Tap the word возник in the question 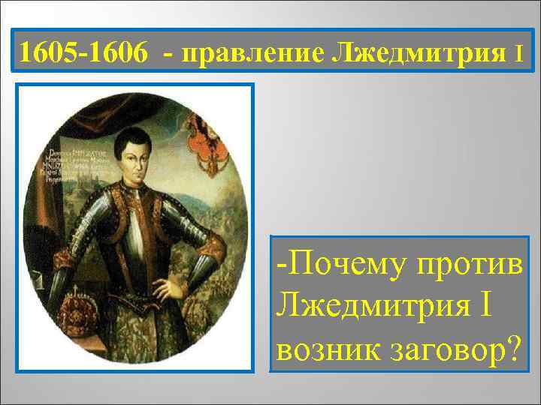324,348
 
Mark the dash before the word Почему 280,264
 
